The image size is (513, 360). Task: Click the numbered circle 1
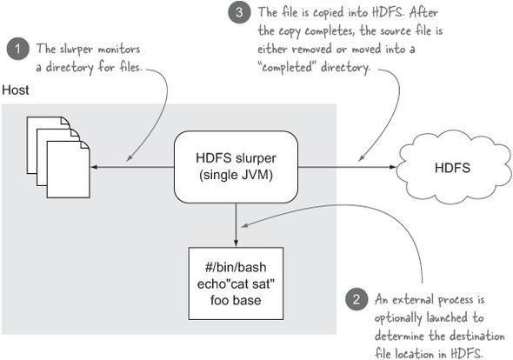(x=17, y=49)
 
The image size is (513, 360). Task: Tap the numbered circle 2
(x=356, y=298)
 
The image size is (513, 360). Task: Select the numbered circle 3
(x=239, y=12)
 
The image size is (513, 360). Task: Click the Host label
(x=16, y=90)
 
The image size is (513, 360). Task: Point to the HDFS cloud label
(x=452, y=168)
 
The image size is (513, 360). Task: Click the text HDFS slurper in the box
(x=236, y=158)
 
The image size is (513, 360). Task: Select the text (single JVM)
(x=236, y=175)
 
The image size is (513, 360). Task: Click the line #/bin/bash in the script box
(x=236, y=267)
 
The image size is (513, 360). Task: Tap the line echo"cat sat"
(x=236, y=283)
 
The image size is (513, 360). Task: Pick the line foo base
(x=236, y=300)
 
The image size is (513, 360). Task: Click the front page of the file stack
(x=69, y=170)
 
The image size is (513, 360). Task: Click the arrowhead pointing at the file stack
(x=94, y=167)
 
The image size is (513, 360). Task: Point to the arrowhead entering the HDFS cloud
(x=393, y=167)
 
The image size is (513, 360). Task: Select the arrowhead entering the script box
(x=236, y=243)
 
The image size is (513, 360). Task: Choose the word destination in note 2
(x=476, y=337)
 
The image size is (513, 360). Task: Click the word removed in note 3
(x=312, y=50)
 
